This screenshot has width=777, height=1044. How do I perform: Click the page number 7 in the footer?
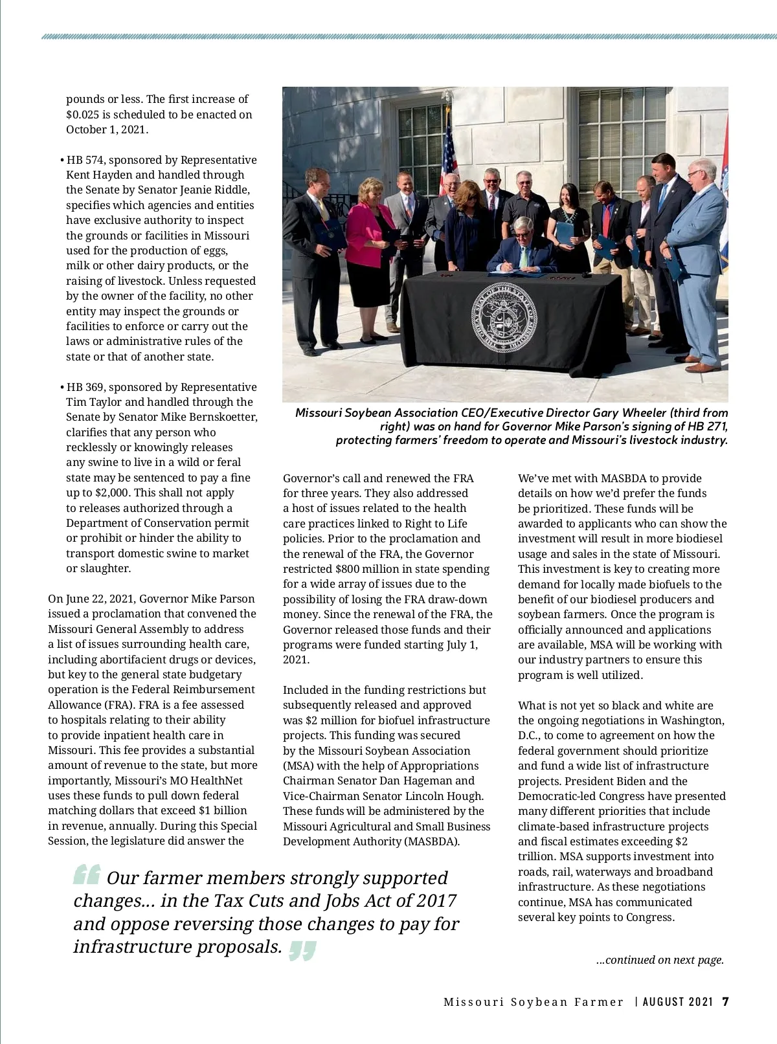[725, 1001]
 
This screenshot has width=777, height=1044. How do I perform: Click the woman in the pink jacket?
[372, 259]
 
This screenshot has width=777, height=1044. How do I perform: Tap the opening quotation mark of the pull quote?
[86, 875]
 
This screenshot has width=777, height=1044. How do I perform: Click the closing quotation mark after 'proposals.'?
[302, 950]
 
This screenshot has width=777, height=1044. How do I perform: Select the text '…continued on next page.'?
[659, 960]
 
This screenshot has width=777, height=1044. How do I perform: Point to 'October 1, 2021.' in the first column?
[107, 129]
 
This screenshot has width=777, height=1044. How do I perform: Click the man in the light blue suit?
[701, 259]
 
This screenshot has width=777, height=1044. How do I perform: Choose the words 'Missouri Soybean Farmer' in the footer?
[533, 1002]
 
